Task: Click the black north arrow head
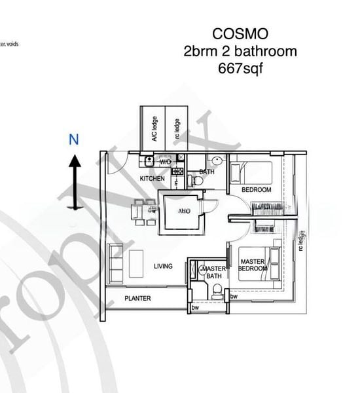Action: pyautogui.click(x=75, y=161)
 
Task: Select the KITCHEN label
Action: pyautogui.click(x=152, y=179)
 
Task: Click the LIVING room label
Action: pyautogui.click(x=163, y=266)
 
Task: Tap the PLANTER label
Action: pyautogui.click(x=138, y=299)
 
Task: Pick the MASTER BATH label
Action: pyautogui.click(x=213, y=272)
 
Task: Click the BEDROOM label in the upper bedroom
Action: pyautogui.click(x=256, y=190)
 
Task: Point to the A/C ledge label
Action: pyautogui.click(x=154, y=128)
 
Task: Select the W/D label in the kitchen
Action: pyautogui.click(x=165, y=161)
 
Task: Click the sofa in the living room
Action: pyautogui.click(x=115, y=264)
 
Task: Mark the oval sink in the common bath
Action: pyautogui.click(x=217, y=161)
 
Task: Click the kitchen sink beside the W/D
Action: pyautogui.click(x=149, y=160)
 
